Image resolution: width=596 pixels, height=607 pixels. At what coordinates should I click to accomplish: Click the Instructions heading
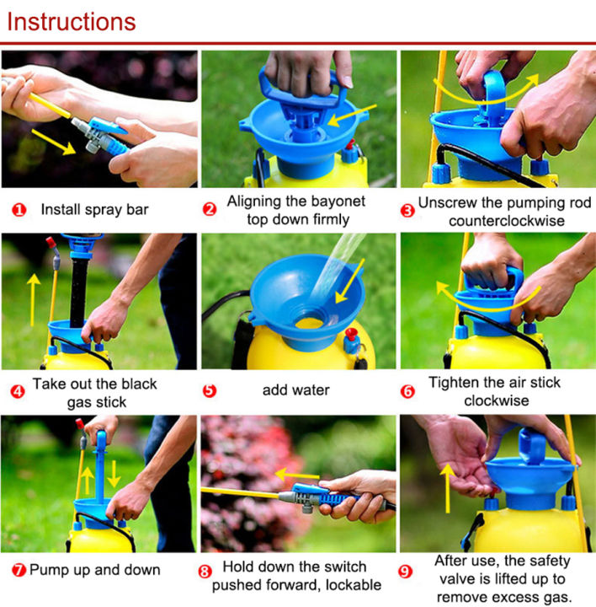pyautogui.click(x=71, y=21)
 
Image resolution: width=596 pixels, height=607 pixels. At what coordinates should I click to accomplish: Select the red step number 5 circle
pyautogui.click(x=210, y=391)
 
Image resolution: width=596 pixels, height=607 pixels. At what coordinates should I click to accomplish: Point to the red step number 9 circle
pyautogui.click(x=407, y=572)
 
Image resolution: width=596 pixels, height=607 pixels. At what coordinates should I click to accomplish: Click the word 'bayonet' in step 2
pyautogui.click(x=343, y=202)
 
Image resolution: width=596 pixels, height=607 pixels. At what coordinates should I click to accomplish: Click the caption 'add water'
pyautogui.click(x=297, y=391)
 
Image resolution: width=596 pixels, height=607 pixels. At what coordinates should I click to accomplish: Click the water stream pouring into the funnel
pyautogui.click(x=337, y=271)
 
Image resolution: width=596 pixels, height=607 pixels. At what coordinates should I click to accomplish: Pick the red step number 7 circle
pyautogui.click(x=19, y=570)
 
